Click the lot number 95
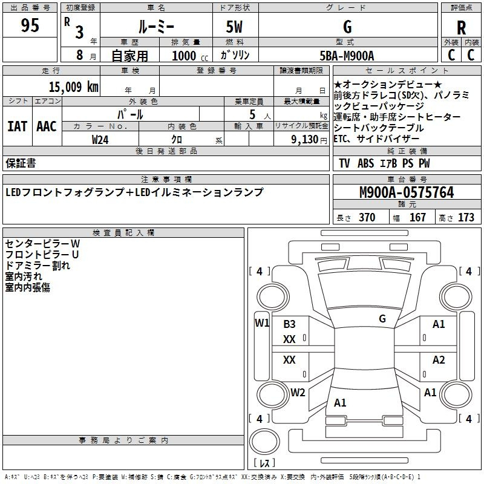(30, 26)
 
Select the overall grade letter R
(462, 27)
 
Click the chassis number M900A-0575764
(407, 192)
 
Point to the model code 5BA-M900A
(347, 56)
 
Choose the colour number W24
(100, 140)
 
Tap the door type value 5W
(235, 27)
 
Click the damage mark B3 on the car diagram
(290, 324)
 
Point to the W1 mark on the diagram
(262, 322)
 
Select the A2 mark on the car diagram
(439, 360)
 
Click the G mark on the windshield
(382, 318)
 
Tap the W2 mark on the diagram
(298, 392)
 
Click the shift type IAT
(17, 126)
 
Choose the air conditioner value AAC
(47, 126)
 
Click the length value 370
(367, 218)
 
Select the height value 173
(466, 218)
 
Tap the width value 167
(417, 218)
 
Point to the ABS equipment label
(365, 163)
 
